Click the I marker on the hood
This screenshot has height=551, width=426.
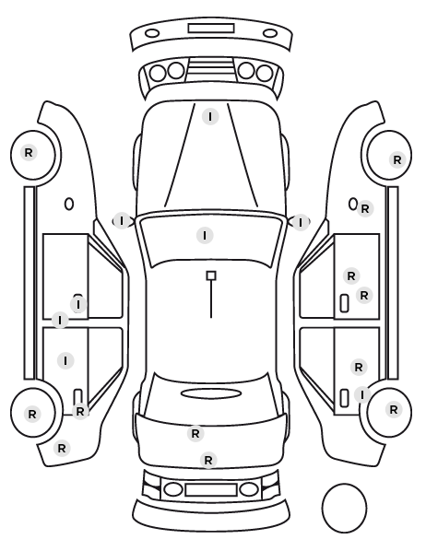point(210,117)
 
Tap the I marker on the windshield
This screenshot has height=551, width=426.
point(205,235)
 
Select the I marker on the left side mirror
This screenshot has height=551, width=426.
point(122,221)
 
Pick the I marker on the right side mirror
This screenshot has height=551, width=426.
point(301,222)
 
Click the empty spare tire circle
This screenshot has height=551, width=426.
point(344,508)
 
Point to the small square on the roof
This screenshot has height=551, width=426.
point(211,275)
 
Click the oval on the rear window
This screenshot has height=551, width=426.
point(211,393)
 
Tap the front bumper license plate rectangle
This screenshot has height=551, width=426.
point(211,29)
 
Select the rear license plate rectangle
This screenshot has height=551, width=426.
point(211,490)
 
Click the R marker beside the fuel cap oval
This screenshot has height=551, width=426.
point(365,209)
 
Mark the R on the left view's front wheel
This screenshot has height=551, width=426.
point(29,153)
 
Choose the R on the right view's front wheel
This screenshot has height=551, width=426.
point(397,160)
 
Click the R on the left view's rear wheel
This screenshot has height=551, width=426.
point(32,414)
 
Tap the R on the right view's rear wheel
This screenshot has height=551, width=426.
point(394,409)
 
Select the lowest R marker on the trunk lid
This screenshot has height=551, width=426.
point(208,460)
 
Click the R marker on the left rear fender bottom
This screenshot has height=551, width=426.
point(62,449)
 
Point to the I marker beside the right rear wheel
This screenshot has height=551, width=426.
point(362,394)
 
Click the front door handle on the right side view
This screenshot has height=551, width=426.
point(344,303)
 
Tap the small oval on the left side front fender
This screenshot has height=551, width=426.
point(69,204)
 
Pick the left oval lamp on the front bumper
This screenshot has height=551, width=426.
point(152,34)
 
